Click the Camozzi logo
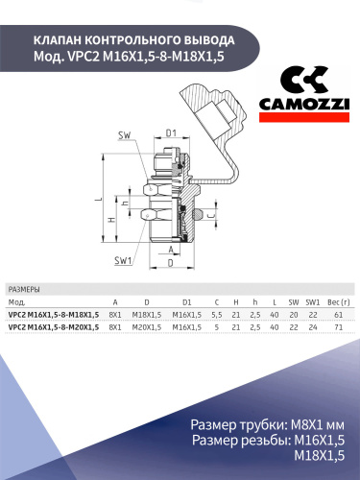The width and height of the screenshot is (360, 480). pyautogui.click(x=304, y=94)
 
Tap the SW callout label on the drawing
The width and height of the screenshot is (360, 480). pyautogui.click(x=125, y=135)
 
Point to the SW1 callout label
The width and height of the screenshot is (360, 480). pyautogui.click(x=123, y=261)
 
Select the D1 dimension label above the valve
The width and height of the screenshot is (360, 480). pyautogui.click(x=171, y=132)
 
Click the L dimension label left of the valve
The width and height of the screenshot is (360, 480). pyautogui.click(x=99, y=199)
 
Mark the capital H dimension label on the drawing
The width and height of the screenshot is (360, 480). pyautogui.click(x=111, y=220)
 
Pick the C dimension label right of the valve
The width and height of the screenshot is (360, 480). pyautogui.click(x=210, y=216)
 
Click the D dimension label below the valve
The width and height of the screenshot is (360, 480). pyautogui.click(x=171, y=263)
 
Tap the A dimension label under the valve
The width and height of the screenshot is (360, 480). pyautogui.click(x=171, y=250)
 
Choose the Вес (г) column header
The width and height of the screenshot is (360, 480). pyautogui.click(x=339, y=302)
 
